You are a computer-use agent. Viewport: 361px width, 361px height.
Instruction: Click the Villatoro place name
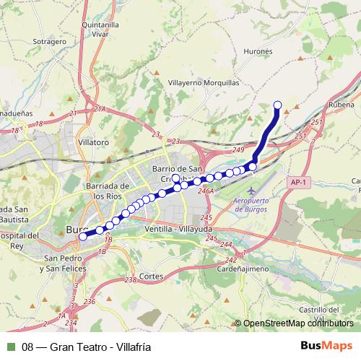click(x=94, y=142)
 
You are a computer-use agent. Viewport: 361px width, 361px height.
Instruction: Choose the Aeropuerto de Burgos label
click(x=252, y=203)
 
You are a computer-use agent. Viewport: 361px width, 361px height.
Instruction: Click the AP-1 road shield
click(x=298, y=183)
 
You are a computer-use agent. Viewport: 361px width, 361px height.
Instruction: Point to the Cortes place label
click(x=152, y=277)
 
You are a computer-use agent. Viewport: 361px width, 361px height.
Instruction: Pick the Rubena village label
click(x=343, y=103)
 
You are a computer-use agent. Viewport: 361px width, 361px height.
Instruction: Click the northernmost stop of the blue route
click(x=278, y=105)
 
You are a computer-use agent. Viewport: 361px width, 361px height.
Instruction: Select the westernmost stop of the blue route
click(x=82, y=236)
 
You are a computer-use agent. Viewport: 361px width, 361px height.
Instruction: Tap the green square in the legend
click(x=10, y=347)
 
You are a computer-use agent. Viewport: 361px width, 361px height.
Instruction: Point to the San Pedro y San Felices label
click(x=65, y=263)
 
